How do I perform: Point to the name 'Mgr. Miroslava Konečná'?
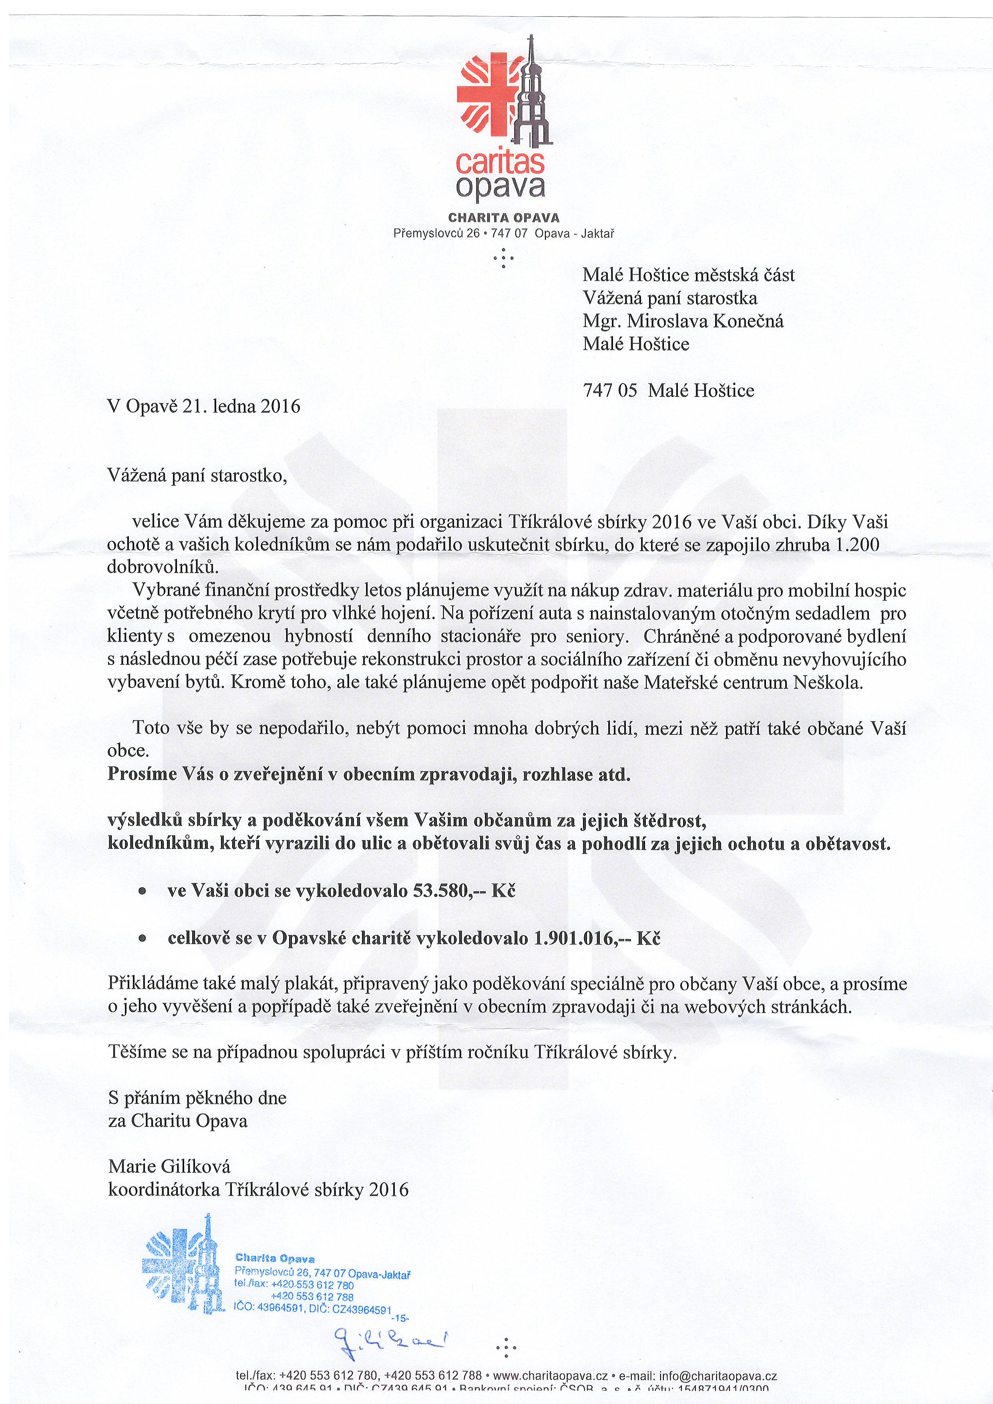[683, 321]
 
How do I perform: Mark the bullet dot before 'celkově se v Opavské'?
[142, 940]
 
